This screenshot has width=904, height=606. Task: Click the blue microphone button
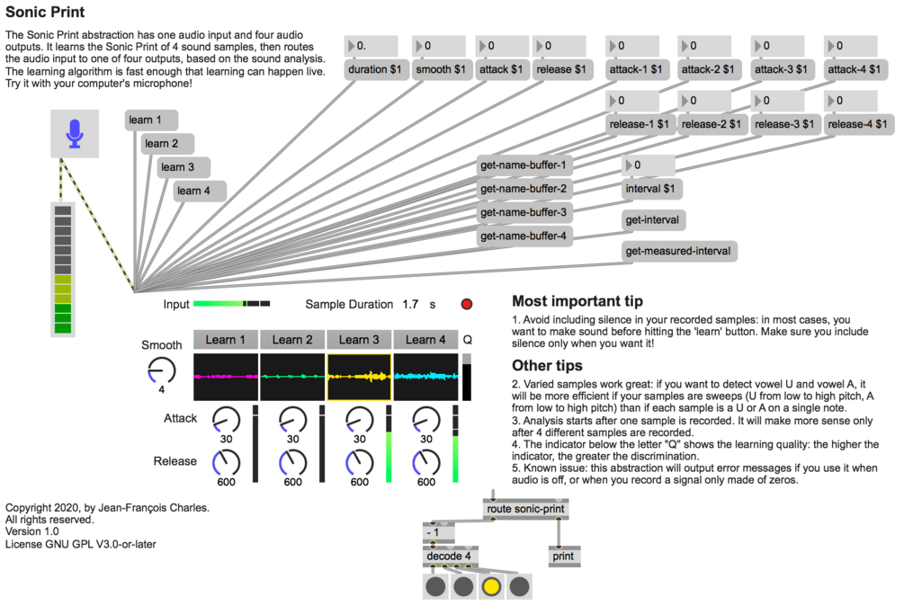click(75, 135)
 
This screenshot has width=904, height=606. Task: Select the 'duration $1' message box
click(374, 69)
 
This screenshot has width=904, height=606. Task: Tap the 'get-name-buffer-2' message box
click(524, 189)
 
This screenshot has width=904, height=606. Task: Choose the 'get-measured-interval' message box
click(679, 251)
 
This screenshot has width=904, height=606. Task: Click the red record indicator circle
click(466, 305)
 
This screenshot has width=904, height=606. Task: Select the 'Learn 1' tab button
click(226, 340)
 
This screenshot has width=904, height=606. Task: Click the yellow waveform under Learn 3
click(359, 376)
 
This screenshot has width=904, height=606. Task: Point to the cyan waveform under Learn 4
click(425, 376)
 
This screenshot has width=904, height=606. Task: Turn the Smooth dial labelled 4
click(162, 368)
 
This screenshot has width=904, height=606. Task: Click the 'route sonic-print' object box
click(525, 510)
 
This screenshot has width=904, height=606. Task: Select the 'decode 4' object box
click(450, 556)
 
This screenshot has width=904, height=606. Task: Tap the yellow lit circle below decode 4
click(491, 587)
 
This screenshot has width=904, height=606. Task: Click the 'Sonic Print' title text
click(45, 13)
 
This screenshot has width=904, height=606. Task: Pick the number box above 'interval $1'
click(648, 165)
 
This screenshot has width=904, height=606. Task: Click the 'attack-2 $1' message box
click(711, 69)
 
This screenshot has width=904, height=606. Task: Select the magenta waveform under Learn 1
click(226, 376)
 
